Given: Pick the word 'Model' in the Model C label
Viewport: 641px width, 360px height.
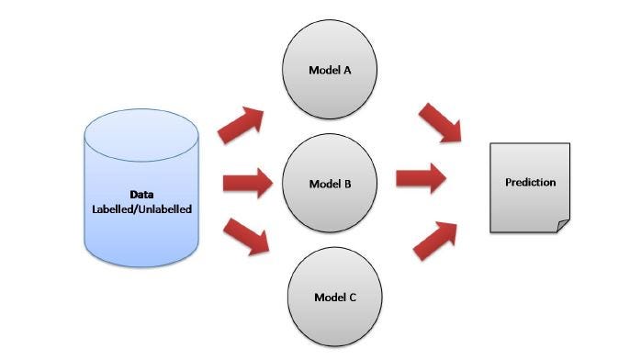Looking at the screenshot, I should (x=326, y=298).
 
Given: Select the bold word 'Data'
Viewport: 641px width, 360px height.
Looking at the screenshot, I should (x=141, y=195).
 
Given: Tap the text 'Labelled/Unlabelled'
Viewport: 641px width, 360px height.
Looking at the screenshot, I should (x=141, y=208).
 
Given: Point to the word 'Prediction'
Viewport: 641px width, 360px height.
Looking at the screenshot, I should (x=530, y=182).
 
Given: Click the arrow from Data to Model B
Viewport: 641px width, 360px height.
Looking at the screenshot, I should (x=246, y=182).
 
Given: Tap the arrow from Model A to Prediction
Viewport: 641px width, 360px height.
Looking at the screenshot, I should (x=440, y=123).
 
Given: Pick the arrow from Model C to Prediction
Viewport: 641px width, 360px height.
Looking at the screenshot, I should (x=435, y=239).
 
